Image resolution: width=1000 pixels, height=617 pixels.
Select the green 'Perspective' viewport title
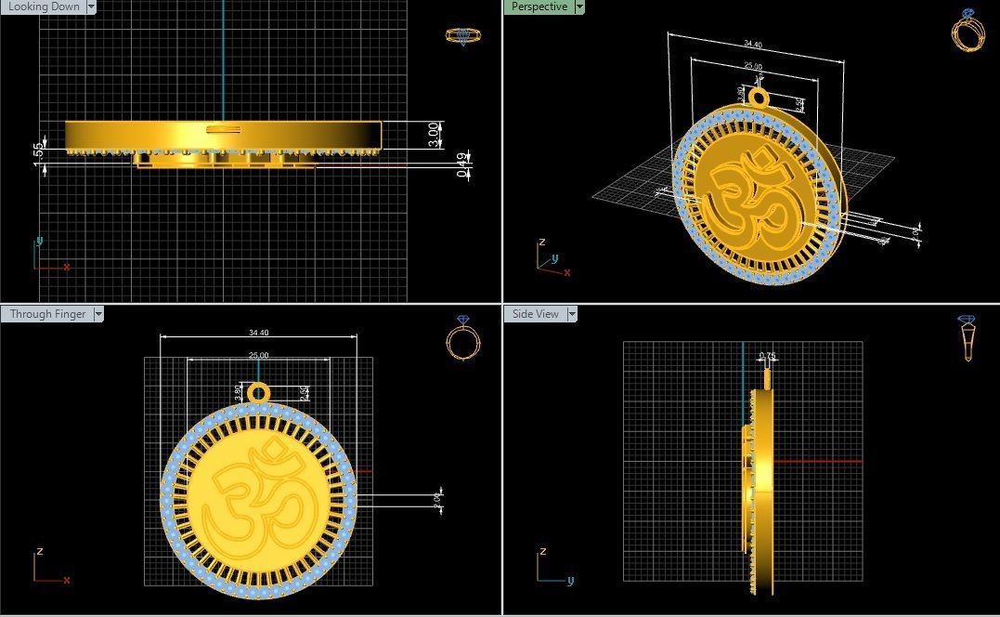pos(539,7)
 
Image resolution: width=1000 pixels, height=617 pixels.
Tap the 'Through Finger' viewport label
pos(47,314)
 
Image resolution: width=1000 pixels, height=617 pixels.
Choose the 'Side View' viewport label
pos(536,314)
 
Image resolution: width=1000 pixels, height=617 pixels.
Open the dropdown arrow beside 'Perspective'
pos(579,7)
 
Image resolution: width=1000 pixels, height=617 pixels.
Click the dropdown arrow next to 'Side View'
pos(572,314)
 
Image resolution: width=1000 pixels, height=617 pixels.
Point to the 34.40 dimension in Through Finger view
pos(259,333)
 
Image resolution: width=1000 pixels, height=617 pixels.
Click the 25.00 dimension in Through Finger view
pos(259,356)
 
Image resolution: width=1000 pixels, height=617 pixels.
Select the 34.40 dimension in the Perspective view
pos(752,45)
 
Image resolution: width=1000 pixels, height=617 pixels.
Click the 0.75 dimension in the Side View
pos(767,356)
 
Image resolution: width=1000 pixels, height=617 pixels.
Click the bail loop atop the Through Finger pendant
pos(258,389)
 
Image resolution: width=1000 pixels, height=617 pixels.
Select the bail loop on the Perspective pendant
pos(760,98)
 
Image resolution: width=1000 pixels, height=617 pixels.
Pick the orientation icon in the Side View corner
pos(968,337)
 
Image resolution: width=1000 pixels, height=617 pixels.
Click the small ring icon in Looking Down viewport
pos(462,36)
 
